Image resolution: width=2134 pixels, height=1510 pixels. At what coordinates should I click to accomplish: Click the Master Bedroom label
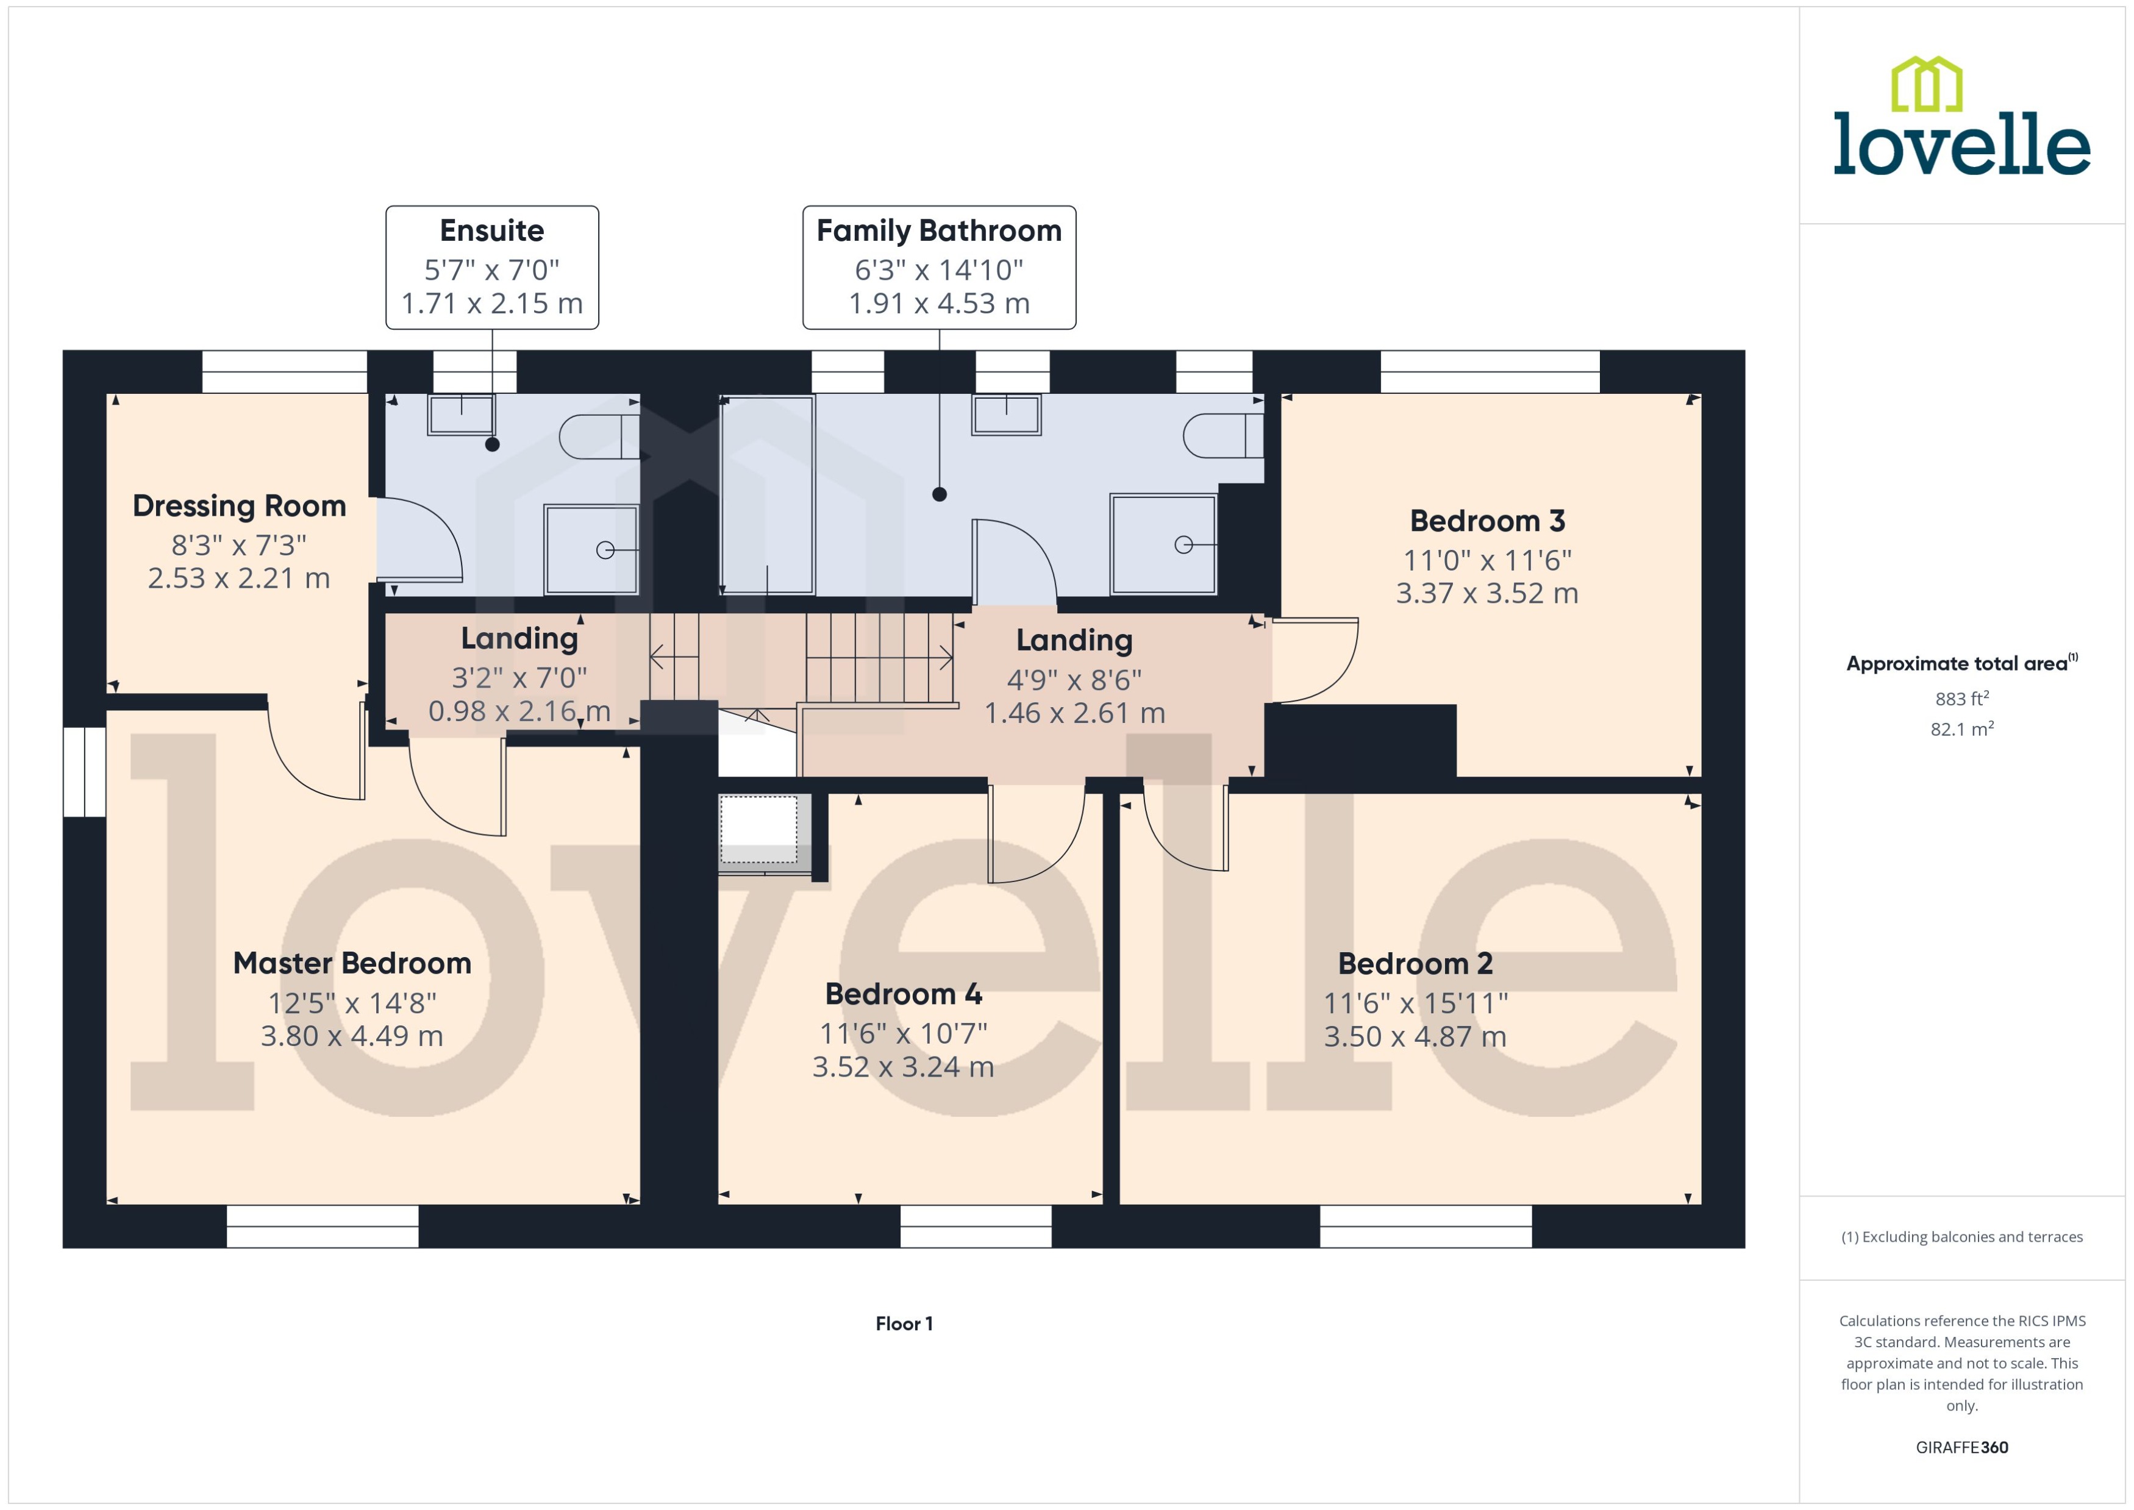(351, 963)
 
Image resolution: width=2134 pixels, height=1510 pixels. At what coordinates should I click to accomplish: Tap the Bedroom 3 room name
(1487, 521)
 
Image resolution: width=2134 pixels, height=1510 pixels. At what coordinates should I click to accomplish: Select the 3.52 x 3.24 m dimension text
(903, 1066)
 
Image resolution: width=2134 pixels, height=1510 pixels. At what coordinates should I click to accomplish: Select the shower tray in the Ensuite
(591, 549)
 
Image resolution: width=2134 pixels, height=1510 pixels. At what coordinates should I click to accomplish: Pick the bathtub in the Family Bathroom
(767, 494)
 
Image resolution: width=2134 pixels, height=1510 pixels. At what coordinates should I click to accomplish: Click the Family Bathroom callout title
(938, 230)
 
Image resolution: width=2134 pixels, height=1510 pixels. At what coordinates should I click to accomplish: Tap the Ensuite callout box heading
(492, 230)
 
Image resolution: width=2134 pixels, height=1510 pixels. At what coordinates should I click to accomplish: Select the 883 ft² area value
(1961, 698)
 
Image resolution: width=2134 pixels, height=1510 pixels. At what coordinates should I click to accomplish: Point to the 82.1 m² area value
(1961, 729)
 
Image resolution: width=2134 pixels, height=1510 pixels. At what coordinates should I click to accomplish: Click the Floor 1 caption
(903, 1323)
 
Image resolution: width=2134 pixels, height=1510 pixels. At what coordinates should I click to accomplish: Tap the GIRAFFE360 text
(1961, 1447)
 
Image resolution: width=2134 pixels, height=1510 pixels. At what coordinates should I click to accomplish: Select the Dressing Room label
(239, 506)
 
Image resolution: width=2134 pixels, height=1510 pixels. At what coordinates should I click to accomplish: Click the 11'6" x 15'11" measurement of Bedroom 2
(1415, 1003)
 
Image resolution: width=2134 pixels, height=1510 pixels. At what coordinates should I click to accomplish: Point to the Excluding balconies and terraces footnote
(1961, 1237)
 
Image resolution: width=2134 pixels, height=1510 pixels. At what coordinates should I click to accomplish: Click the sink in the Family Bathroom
(1006, 415)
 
